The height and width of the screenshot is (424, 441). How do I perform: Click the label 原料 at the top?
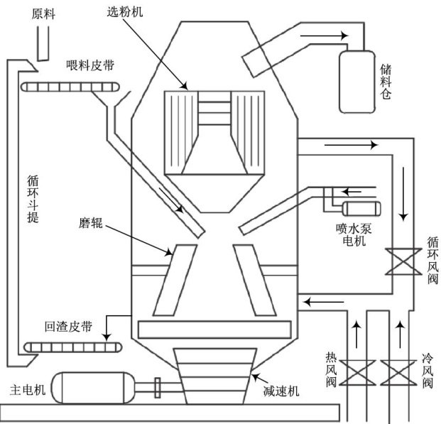pyautogui.click(x=43, y=13)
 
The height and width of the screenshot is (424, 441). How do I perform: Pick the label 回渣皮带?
pyautogui.click(x=68, y=327)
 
